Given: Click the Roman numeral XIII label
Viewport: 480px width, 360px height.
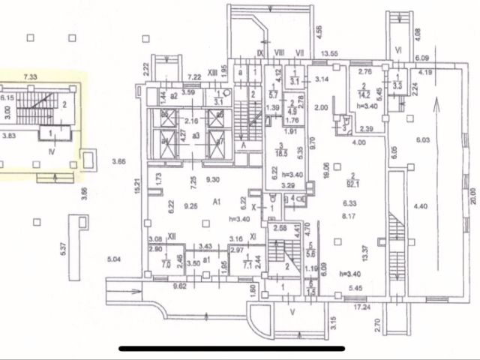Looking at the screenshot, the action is (x=213, y=71).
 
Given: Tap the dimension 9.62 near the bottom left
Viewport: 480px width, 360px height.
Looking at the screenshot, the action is (x=181, y=286).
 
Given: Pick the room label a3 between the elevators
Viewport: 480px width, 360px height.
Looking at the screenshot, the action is (x=196, y=135).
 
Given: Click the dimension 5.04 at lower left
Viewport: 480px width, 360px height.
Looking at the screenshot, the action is (x=114, y=260).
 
